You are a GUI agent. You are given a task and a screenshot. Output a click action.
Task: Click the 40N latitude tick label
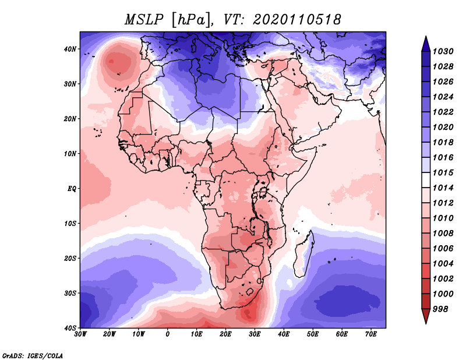(x=70, y=49)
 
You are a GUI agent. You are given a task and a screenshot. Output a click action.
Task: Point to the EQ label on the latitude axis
(x=72, y=189)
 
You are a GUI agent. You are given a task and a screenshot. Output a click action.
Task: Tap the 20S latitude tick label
(x=70, y=258)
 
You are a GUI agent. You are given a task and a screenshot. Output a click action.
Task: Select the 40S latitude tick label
(x=70, y=328)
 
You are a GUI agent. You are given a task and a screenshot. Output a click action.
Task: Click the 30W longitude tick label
(x=80, y=334)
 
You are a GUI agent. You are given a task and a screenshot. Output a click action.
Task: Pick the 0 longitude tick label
(x=168, y=334)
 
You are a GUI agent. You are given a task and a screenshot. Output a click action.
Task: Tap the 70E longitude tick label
(x=371, y=334)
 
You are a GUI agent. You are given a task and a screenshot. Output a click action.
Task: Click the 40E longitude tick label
(x=284, y=334)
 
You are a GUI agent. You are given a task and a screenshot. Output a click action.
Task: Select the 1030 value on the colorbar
(x=443, y=51)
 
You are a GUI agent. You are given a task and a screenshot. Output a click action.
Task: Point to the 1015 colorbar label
(x=443, y=172)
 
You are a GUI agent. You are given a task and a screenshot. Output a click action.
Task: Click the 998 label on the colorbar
(x=440, y=309)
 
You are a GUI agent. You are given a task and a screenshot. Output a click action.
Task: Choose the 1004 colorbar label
(x=443, y=264)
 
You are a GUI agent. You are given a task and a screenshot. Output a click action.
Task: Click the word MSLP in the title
(x=144, y=20)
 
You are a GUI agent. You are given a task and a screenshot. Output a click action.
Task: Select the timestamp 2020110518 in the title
(x=297, y=20)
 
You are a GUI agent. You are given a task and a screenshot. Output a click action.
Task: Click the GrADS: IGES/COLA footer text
(x=33, y=356)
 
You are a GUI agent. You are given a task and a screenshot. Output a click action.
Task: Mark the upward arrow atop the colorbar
(x=426, y=44)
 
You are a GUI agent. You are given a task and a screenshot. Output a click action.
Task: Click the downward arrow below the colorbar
(x=426, y=316)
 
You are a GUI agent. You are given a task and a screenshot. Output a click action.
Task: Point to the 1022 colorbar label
(x=443, y=112)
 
